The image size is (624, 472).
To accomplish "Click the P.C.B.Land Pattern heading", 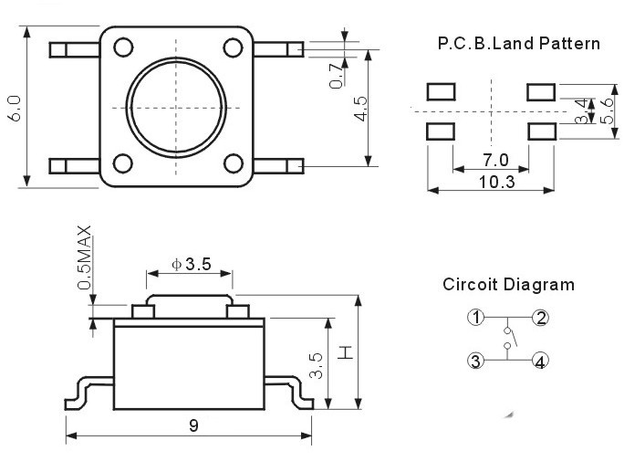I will (518, 43).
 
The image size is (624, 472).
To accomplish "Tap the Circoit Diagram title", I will (508, 284).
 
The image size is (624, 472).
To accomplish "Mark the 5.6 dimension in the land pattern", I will (608, 110).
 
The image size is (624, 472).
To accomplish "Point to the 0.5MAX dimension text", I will (85, 257).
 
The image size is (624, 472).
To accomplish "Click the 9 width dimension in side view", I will (193, 425).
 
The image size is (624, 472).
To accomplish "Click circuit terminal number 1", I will (475, 318).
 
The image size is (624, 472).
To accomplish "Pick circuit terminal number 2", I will (541, 318).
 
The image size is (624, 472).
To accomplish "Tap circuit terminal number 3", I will (475, 361).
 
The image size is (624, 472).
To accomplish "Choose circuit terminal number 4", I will (541, 361).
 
